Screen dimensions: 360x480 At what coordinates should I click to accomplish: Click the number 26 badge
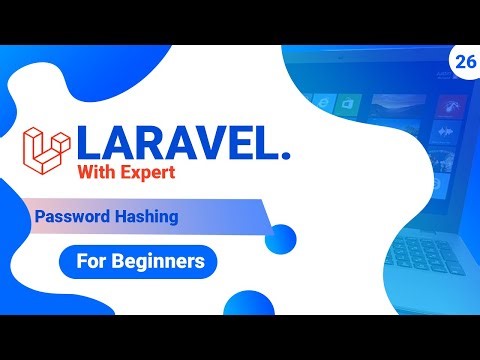pyautogui.click(x=463, y=61)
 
